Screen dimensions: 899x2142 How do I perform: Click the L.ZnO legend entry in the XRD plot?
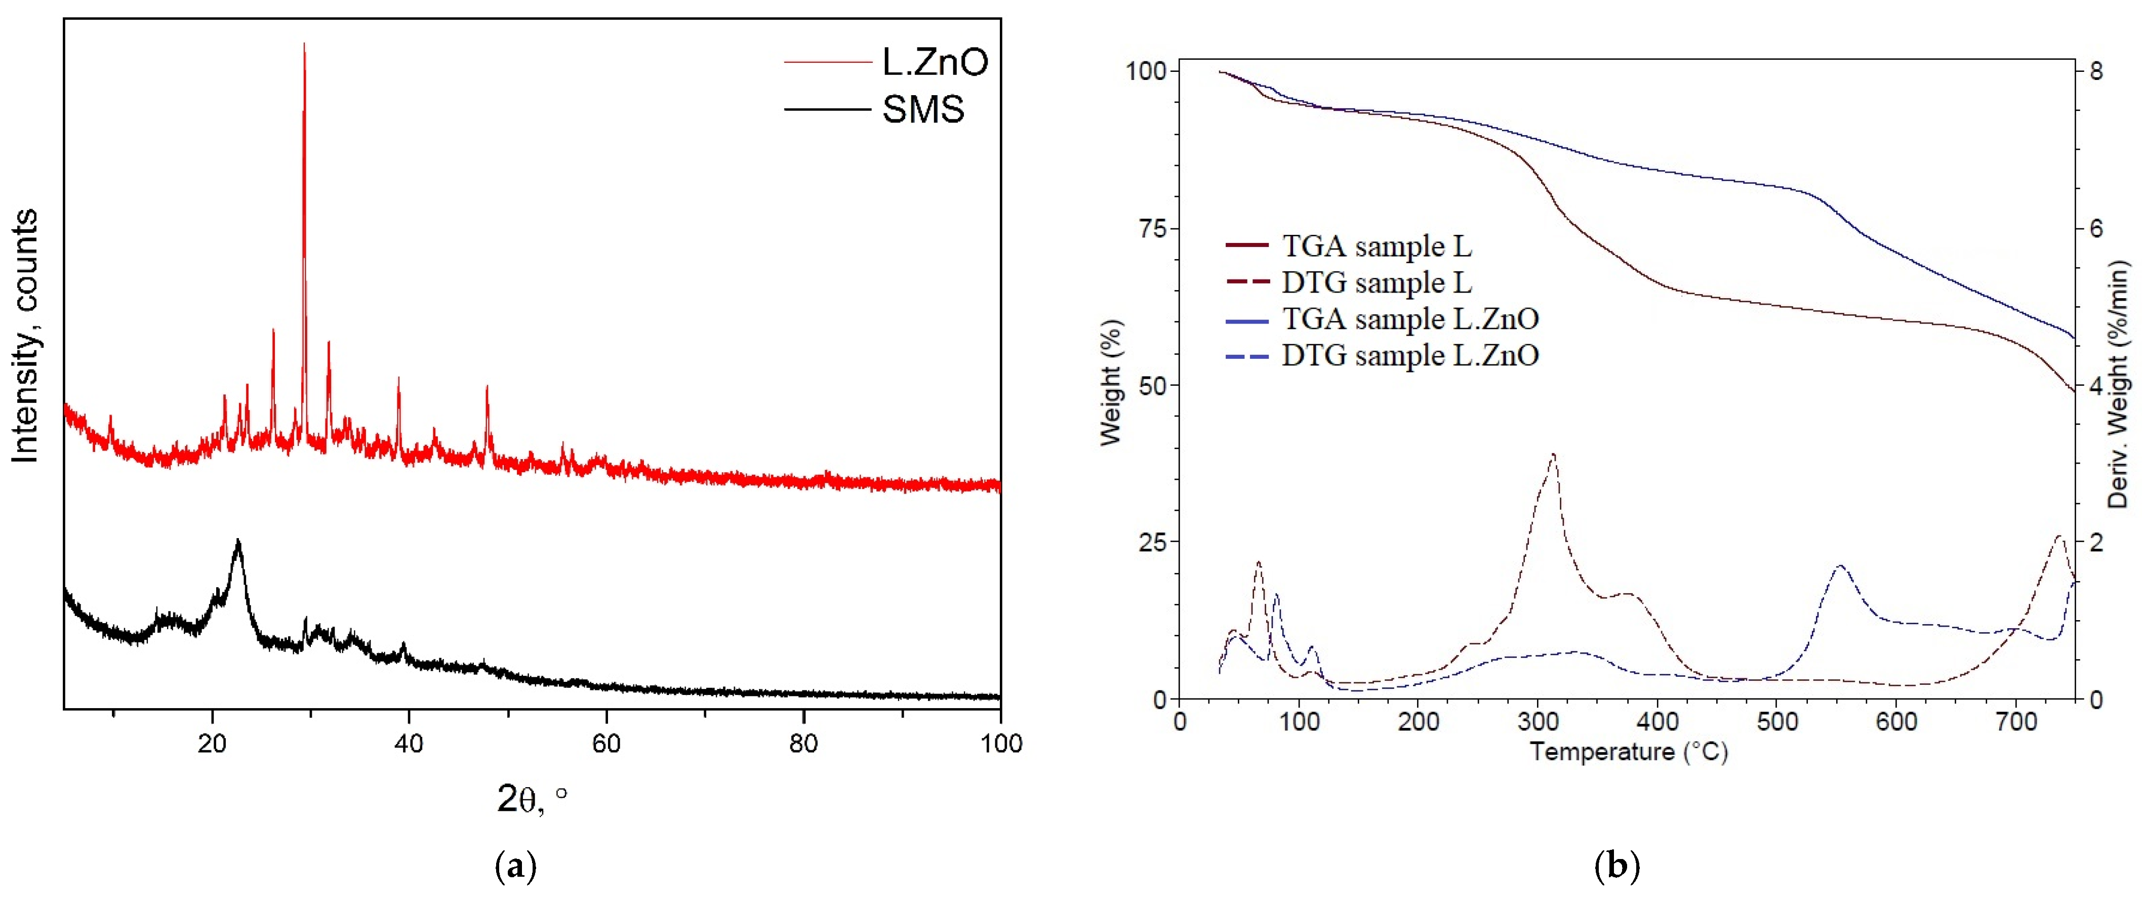934,62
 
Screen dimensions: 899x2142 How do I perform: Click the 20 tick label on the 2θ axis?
212,743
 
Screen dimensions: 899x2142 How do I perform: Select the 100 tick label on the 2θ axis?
1000,743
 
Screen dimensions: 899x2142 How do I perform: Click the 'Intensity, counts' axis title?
25,335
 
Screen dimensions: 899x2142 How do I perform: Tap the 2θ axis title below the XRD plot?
532,798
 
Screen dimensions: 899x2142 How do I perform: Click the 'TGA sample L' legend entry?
1376,246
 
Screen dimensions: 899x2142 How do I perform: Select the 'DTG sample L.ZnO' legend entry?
1409,356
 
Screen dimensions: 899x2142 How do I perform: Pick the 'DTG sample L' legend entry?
1376,283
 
